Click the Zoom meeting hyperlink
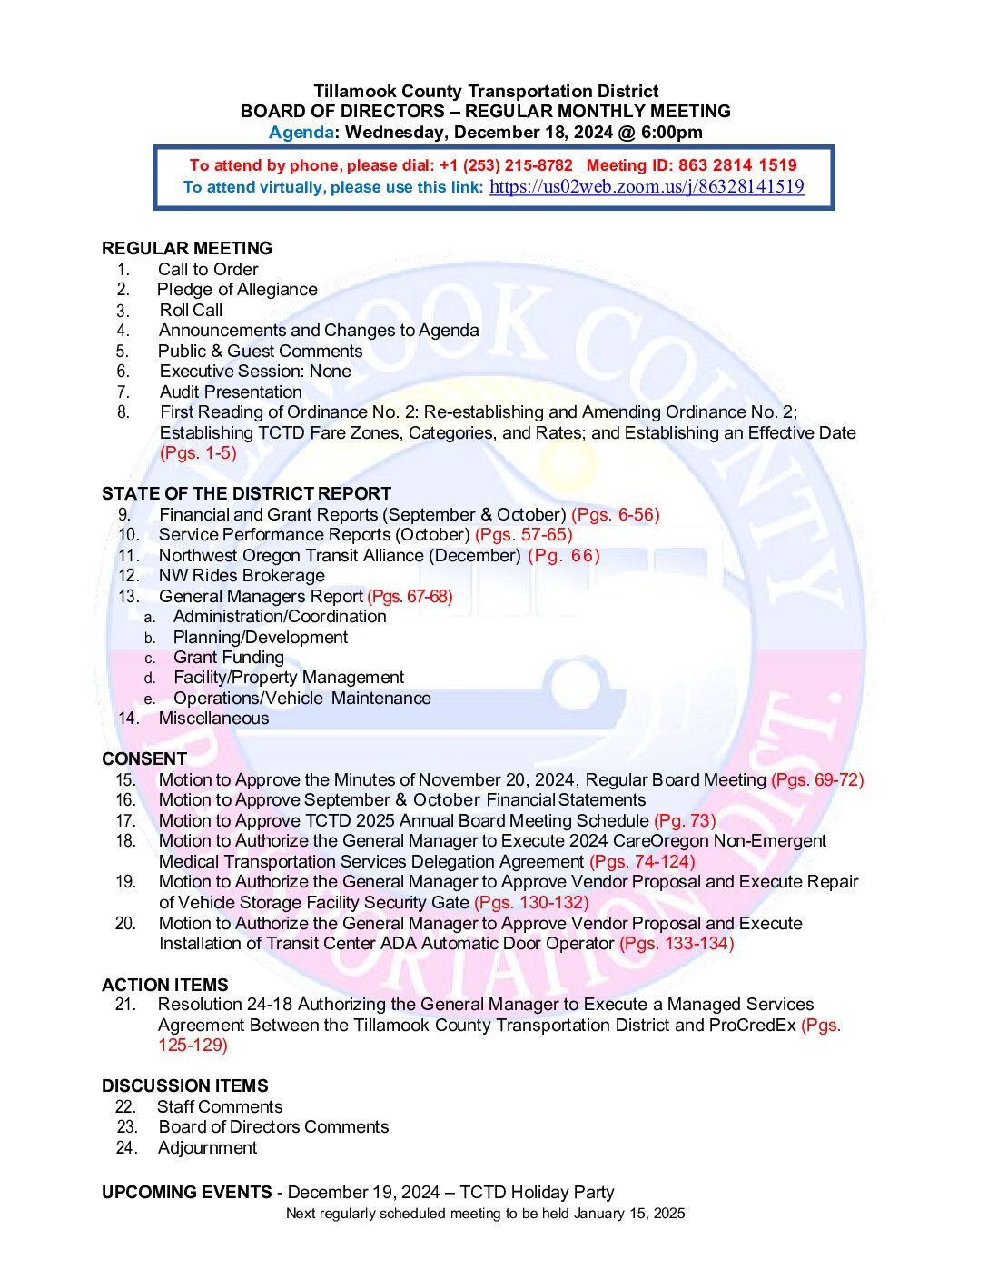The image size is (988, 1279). coord(646,187)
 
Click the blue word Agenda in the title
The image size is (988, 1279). coord(301,133)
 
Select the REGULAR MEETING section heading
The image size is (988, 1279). coord(187,249)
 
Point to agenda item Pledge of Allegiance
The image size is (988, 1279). coord(237,290)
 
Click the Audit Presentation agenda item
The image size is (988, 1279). coord(231,392)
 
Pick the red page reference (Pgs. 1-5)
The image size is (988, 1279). coord(198,453)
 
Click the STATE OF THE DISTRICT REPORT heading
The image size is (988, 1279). coord(246,494)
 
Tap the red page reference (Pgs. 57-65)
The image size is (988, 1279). coord(523,535)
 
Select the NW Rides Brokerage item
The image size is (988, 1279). coord(242,576)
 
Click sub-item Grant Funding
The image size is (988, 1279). coord(229,658)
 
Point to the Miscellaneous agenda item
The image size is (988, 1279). coord(213,719)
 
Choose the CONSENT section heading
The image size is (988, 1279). coord(144,759)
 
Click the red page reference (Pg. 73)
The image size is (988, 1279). coord(685,821)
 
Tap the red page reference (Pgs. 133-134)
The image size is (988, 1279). coord(677,944)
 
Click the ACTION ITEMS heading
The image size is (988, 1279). coord(165,986)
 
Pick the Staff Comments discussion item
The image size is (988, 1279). coord(220,1107)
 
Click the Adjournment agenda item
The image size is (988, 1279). coord(207,1148)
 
